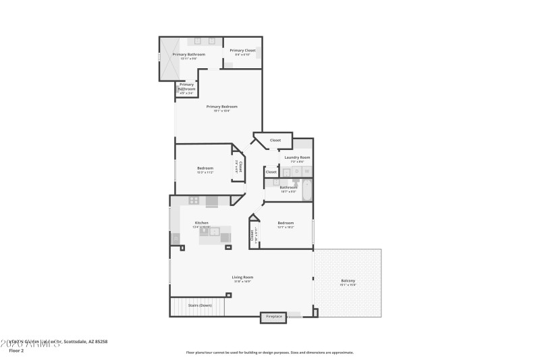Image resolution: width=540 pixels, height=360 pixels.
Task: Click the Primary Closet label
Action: click(x=242, y=50)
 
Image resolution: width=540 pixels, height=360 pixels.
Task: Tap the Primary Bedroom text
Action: click(x=221, y=106)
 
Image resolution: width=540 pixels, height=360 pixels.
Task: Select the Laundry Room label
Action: click(x=297, y=157)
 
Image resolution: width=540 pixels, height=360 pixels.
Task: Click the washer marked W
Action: click(x=307, y=172)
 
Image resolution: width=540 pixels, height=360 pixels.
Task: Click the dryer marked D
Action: click(x=297, y=172)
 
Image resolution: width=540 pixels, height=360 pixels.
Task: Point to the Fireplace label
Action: click(x=273, y=316)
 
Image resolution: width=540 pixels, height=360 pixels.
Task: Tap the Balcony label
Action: click(x=348, y=280)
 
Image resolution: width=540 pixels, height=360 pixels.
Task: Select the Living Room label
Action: click(x=242, y=277)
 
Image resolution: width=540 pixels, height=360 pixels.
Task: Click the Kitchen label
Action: click(x=201, y=223)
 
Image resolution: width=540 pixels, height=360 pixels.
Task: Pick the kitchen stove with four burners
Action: click(x=194, y=200)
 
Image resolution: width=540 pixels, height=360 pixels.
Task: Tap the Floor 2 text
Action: click(x=16, y=351)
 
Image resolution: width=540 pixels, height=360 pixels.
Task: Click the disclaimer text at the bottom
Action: click(x=269, y=352)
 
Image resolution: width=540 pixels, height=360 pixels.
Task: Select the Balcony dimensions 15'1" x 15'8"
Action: click(x=348, y=285)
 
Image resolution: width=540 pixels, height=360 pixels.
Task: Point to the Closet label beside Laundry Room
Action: click(x=275, y=140)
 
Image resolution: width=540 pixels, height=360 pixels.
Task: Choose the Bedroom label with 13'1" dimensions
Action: click(x=286, y=222)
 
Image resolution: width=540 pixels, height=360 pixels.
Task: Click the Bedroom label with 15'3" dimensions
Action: click(x=205, y=168)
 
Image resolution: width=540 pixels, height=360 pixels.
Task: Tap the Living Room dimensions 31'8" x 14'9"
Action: click(x=242, y=282)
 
